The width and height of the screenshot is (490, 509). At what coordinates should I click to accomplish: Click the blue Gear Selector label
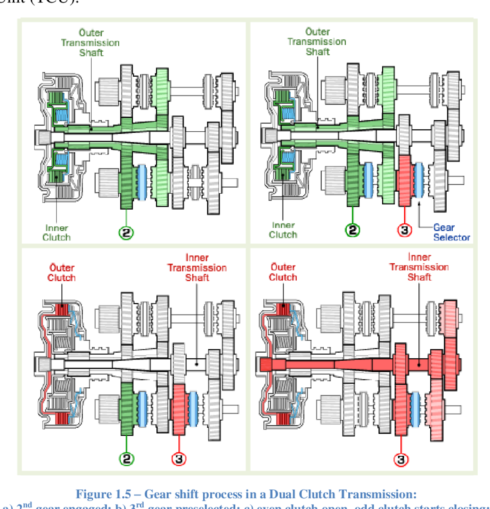pyautogui.click(x=451, y=232)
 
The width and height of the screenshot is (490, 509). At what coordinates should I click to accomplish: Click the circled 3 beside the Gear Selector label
pyautogui.click(x=404, y=229)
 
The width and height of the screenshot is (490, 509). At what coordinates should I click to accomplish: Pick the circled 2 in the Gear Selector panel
pyautogui.click(x=352, y=229)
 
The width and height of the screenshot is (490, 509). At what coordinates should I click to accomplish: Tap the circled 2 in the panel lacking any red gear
pyautogui.click(x=126, y=232)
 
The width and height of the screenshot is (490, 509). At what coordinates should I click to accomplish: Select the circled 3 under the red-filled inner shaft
pyautogui.click(x=401, y=459)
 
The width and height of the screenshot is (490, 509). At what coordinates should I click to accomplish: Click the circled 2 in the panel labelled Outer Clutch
pyautogui.click(x=127, y=458)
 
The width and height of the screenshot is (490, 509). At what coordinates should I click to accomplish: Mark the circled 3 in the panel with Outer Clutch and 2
pyautogui.click(x=179, y=458)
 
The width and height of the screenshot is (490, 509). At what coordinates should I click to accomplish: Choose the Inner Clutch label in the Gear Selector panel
pyautogui.click(x=283, y=230)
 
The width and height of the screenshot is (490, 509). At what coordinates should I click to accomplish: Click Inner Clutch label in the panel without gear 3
pyautogui.click(x=57, y=233)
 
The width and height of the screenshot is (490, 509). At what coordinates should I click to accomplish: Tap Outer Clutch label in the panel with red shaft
pyautogui.click(x=283, y=272)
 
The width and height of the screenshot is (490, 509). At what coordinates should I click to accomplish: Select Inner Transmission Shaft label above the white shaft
pyautogui.click(x=197, y=268)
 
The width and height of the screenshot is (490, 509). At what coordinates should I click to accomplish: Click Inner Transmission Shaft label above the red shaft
pyautogui.click(x=419, y=267)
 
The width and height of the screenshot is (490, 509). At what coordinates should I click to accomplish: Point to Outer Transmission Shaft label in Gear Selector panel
pyautogui.click(x=317, y=41)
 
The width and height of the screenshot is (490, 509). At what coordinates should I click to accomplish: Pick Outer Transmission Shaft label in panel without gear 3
pyautogui.click(x=90, y=43)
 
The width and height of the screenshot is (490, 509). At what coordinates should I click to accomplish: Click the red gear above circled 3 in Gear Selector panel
pyautogui.click(x=404, y=181)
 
